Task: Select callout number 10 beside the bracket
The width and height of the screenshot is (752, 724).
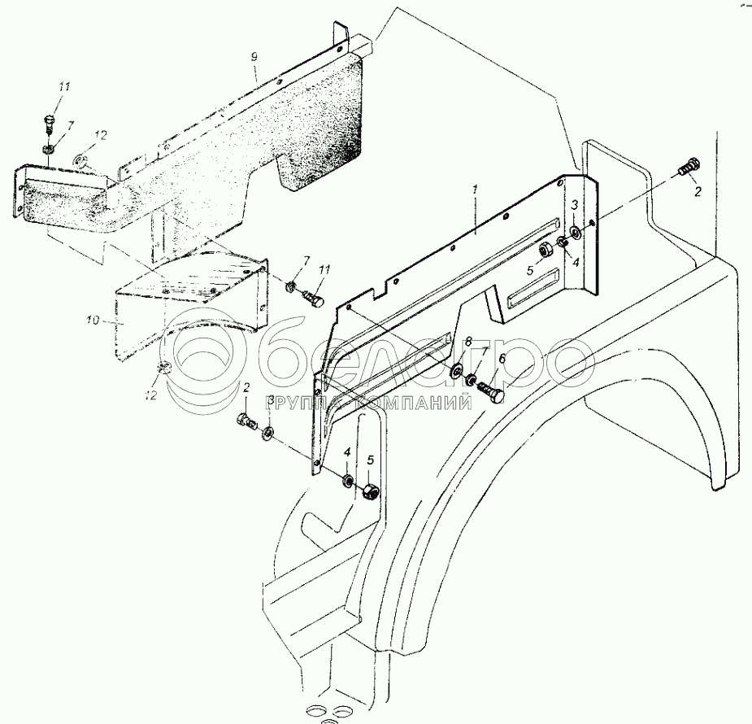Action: (93, 321)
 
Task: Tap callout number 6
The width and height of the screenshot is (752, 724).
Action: (502, 358)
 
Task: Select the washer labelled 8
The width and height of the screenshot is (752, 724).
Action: (456, 373)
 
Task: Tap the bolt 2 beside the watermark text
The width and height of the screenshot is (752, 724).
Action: (246, 421)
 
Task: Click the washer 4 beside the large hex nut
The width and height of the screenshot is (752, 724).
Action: (348, 479)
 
